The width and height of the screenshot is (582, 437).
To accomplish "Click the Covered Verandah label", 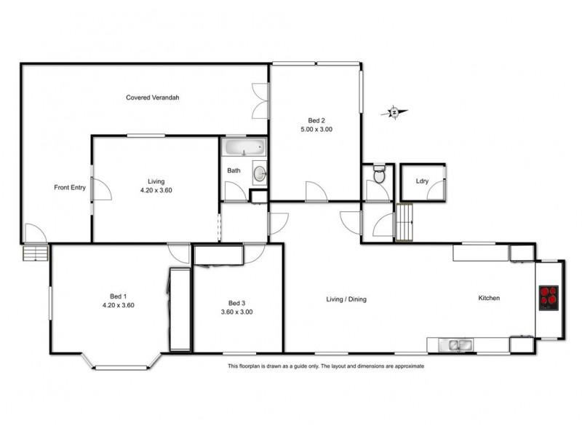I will (152, 97).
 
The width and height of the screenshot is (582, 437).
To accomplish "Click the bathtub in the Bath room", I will (244, 149).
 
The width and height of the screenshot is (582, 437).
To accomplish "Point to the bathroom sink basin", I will (260, 173).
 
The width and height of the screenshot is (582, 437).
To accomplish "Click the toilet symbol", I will (378, 175).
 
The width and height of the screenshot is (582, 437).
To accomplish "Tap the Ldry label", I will (422, 181).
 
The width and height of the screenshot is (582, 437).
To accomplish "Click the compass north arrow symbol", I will (394, 112).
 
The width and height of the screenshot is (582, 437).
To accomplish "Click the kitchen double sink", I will (456, 344).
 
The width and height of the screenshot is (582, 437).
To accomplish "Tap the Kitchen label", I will (489, 298).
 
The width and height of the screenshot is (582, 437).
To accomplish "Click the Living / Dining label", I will (346, 299).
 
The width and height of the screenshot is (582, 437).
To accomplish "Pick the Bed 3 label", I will (236, 303).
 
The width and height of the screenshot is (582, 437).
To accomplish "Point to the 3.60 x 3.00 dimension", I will (236, 312).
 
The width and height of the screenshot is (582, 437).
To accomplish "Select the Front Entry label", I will (70, 188).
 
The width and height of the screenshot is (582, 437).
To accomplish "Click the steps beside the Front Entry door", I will (35, 253).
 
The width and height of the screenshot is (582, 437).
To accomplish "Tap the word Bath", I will (234, 171).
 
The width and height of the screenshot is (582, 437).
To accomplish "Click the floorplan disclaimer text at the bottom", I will (326, 366).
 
